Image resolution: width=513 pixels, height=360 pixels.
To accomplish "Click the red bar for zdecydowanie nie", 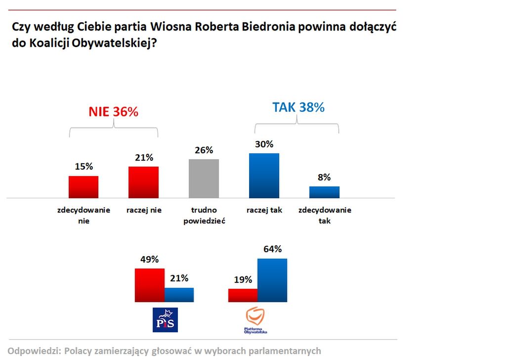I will click(84, 186).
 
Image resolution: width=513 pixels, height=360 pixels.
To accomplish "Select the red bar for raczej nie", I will click(143, 182).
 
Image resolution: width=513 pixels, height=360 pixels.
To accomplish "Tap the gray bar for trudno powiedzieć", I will click(204, 179).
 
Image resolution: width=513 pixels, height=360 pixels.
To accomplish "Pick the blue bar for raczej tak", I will click(264, 176).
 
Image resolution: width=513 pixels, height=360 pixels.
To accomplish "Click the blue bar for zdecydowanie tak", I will click(324, 192).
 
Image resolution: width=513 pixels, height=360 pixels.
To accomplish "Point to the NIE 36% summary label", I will click(113, 112).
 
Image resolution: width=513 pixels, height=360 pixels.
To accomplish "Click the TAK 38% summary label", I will click(298, 107).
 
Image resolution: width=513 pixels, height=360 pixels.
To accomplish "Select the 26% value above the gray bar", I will click(204, 150).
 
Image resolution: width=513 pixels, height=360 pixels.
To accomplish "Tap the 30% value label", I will click(264, 144).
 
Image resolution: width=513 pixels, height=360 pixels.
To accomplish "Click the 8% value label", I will click(324, 177).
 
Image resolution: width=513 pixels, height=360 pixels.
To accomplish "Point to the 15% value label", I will click(84, 167).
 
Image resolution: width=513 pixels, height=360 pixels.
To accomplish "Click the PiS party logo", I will click(166, 319).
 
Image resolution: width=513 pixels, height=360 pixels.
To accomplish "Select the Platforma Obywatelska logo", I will click(256, 320).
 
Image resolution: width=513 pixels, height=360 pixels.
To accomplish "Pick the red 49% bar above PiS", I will click(149, 285).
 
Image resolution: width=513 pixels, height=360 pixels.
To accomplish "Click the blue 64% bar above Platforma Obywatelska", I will click(272, 280).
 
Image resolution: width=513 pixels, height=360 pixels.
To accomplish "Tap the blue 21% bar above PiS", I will click(179, 294).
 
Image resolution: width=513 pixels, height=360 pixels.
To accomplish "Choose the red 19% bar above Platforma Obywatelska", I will click(243, 295).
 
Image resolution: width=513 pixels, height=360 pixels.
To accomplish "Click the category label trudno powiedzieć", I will click(204, 216).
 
